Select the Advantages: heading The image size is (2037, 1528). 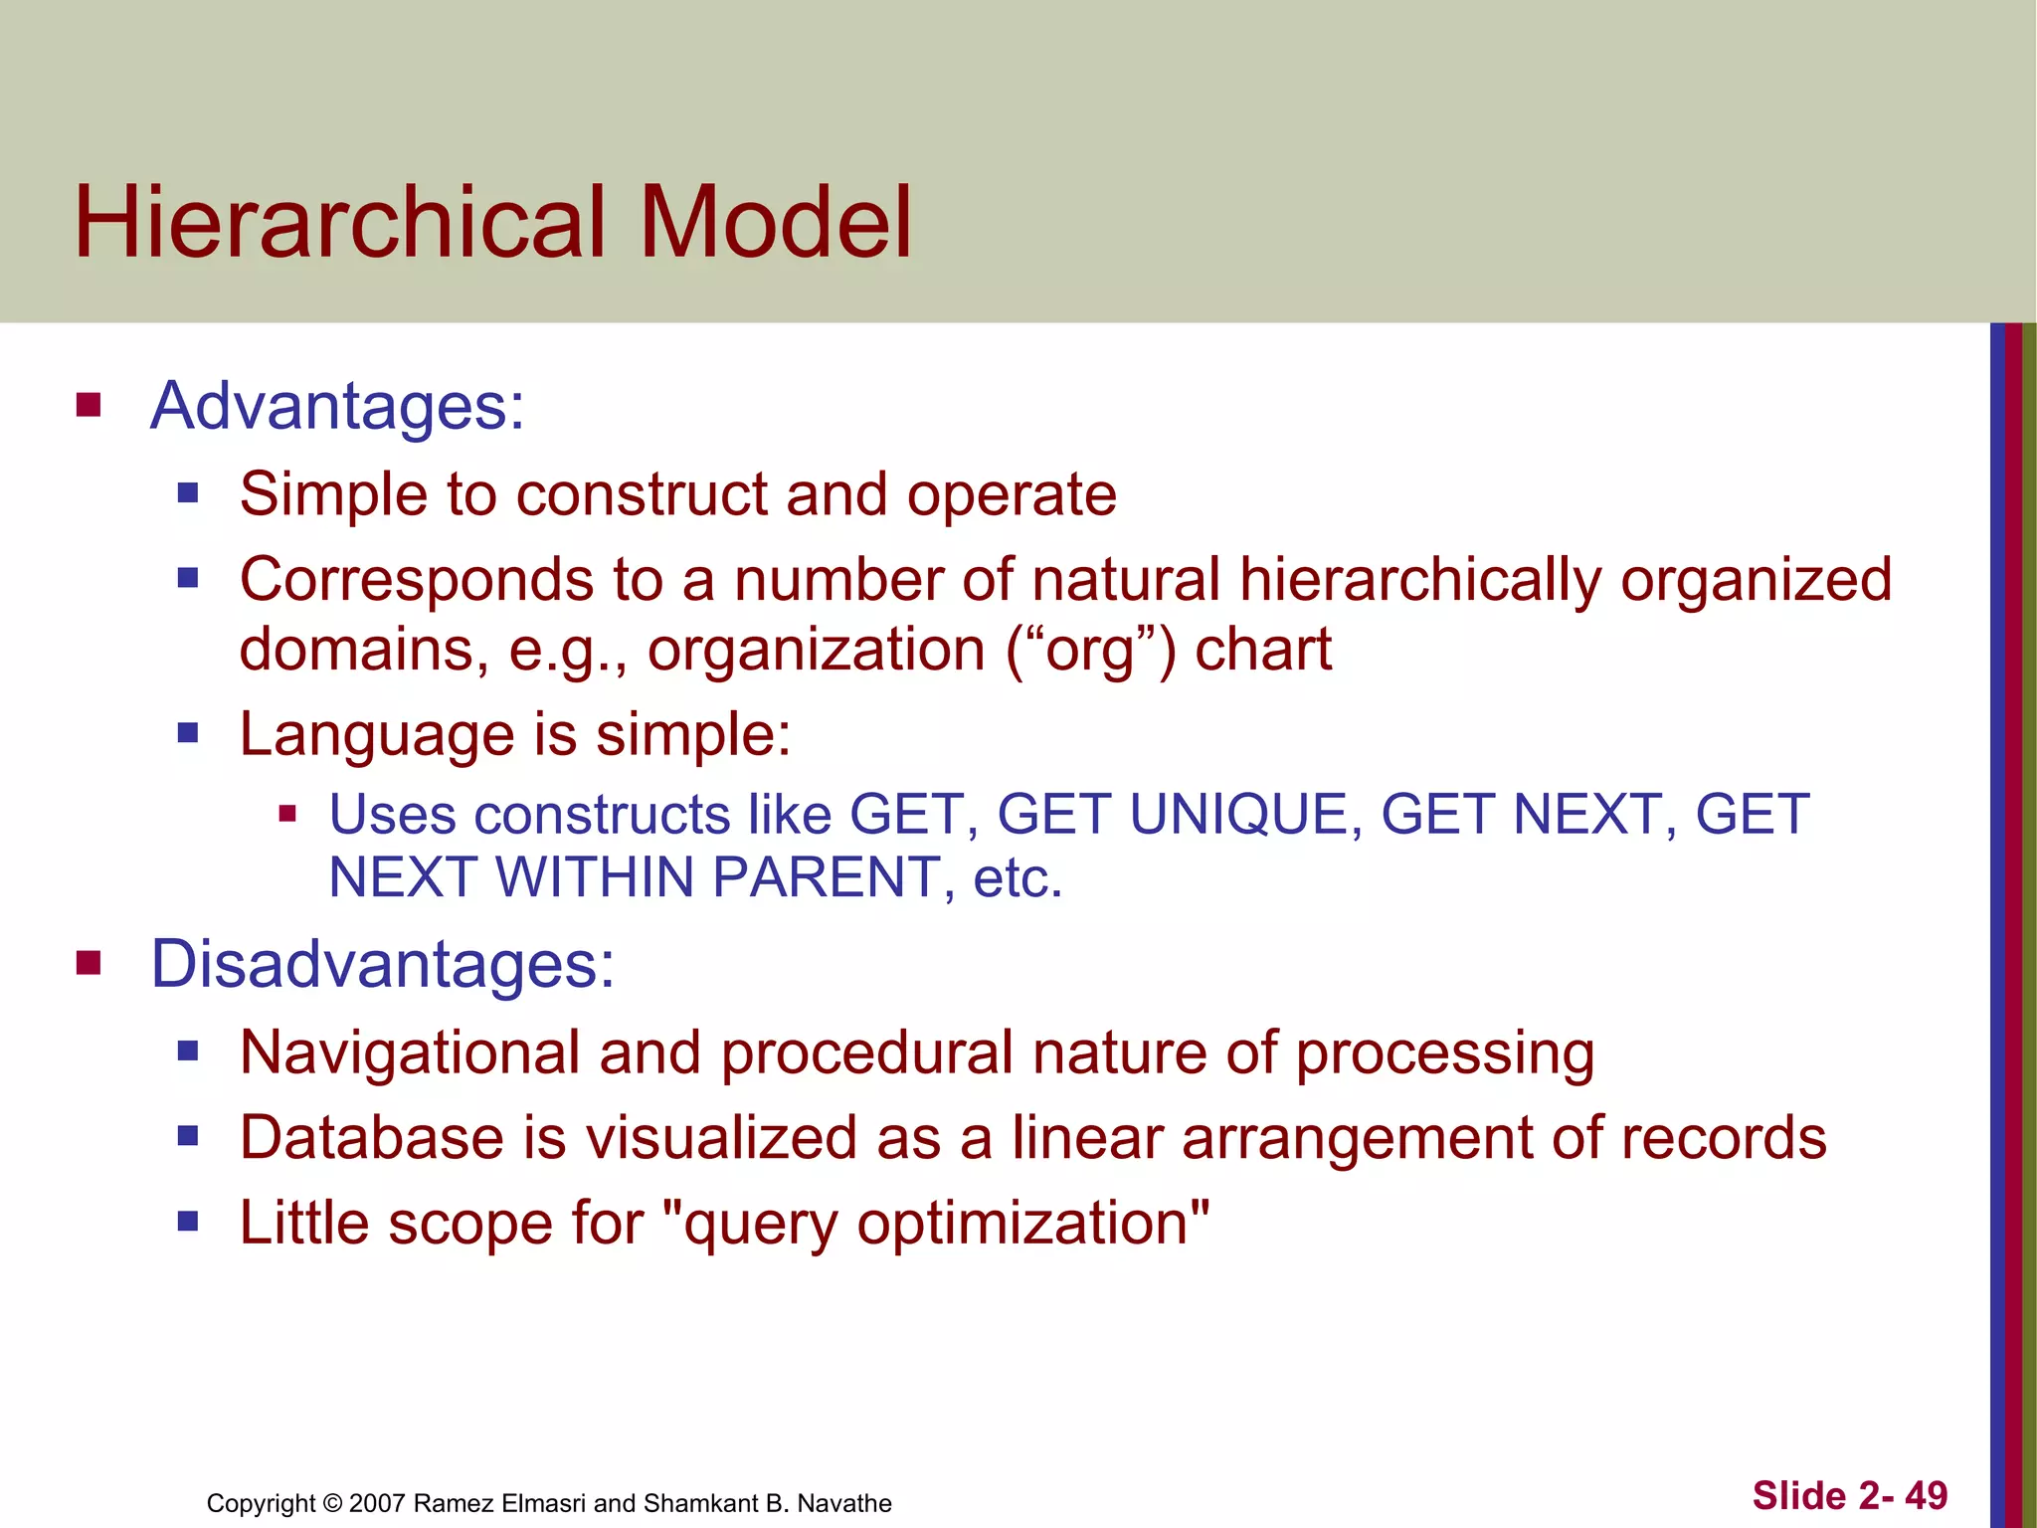[x=337, y=406]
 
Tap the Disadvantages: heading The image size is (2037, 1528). [x=382, y=964]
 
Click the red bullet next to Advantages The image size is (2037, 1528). [x=89, y=405]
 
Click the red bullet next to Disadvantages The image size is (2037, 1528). [x=89, y=963]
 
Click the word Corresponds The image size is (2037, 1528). [x=417, y=580]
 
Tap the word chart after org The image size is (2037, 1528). [x=1262, y=650]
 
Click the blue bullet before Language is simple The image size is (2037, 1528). [x=188, y=734]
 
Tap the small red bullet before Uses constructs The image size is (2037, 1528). [x=288, y=815]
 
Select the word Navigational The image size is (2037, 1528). [x=410, y=1052]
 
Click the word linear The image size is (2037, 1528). [x=1087, y=1137]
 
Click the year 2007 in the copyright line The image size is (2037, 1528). [x=377, y=1503]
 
